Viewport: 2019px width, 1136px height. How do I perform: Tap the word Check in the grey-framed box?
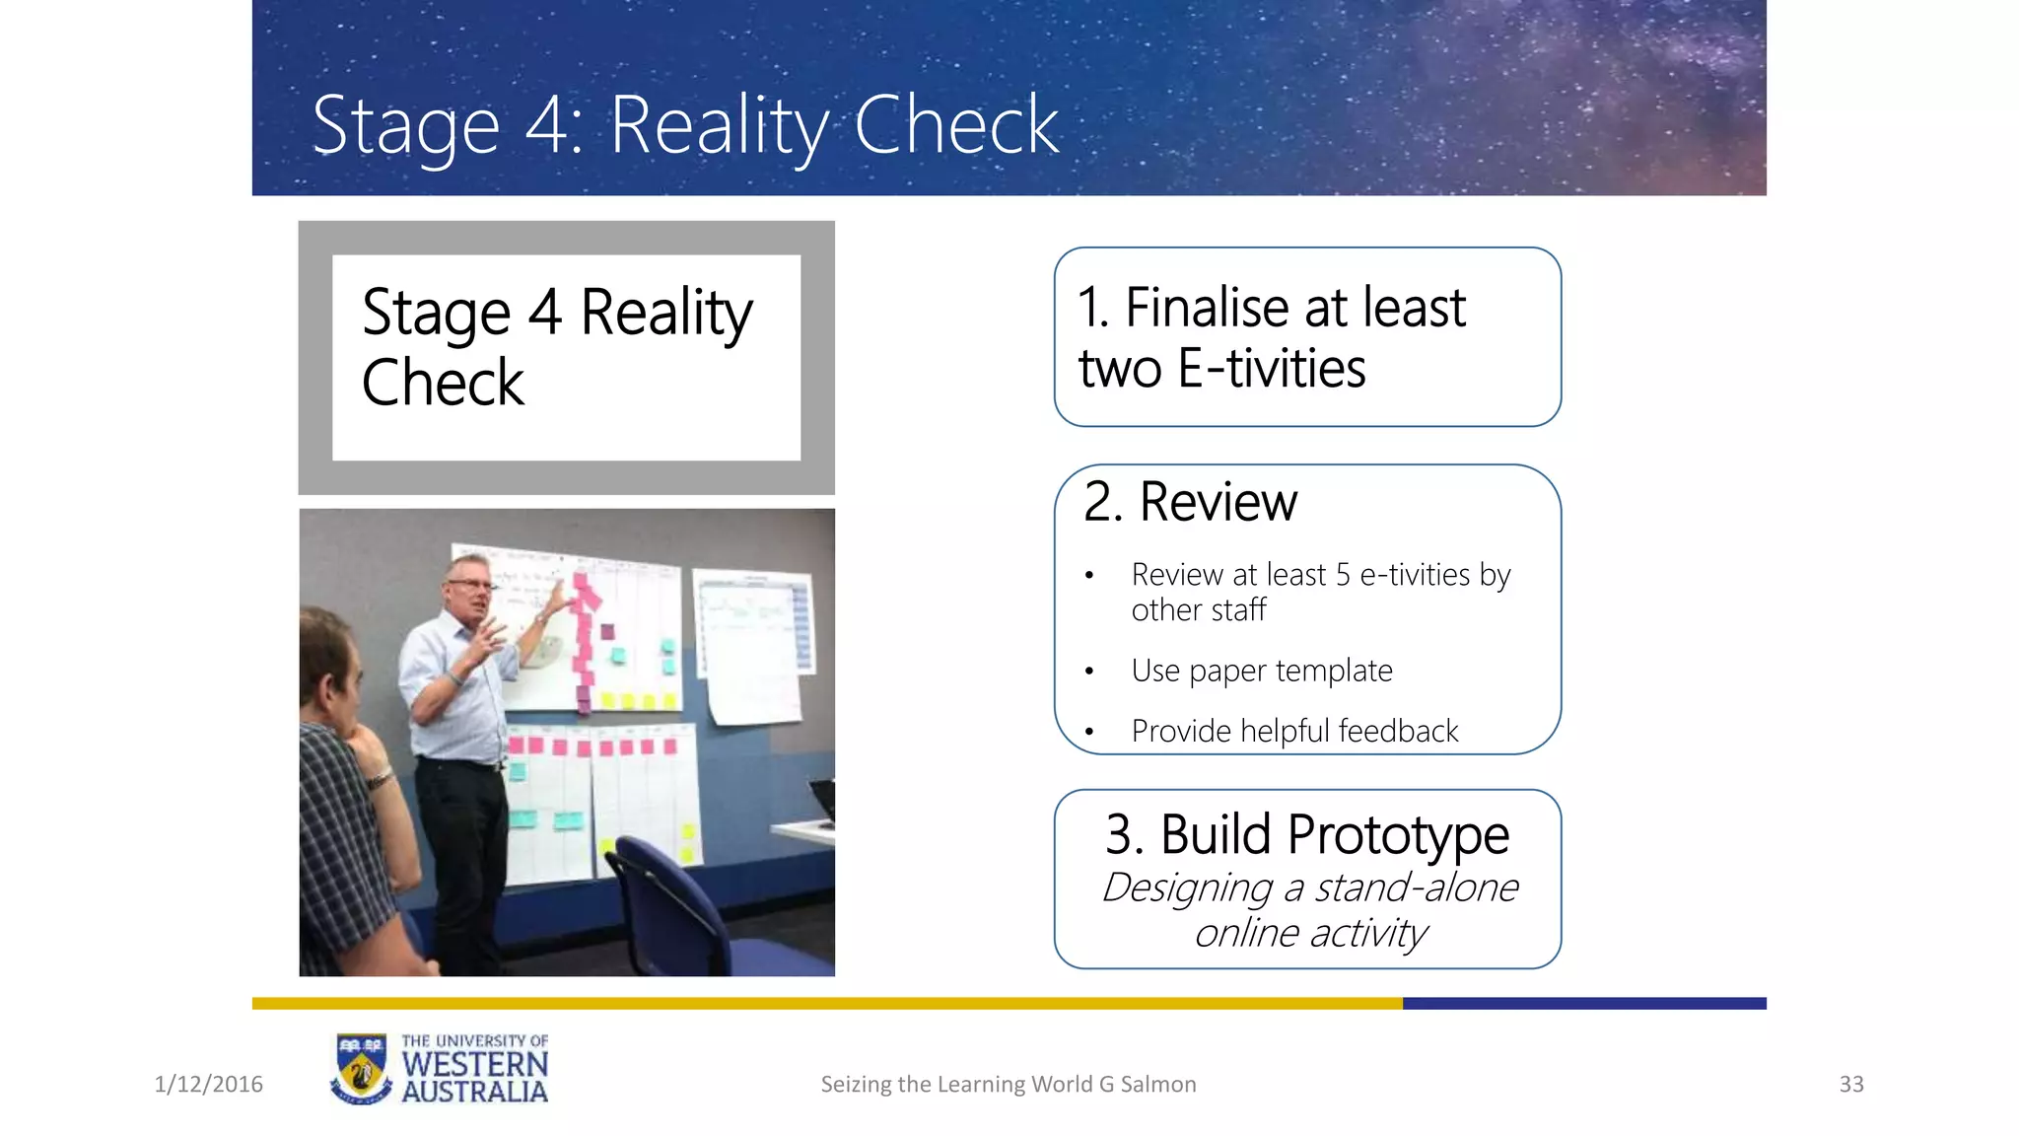point(443,383)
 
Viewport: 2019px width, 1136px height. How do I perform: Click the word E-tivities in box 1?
point(1272,369)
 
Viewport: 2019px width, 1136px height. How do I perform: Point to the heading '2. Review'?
point(1190,502)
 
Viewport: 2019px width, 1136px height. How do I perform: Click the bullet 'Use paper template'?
point(1261,671)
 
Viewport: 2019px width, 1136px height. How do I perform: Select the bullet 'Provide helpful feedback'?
point(1293,731)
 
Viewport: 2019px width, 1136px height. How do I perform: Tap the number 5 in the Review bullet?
point(1343,574)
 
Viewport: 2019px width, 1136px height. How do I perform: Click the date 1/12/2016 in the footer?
point(209,1084)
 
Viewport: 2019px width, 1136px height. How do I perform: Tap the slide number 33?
point(1850,1084)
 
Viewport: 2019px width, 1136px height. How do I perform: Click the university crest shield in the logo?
point(361,1070)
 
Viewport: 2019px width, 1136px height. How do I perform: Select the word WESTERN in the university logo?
point(474,1065)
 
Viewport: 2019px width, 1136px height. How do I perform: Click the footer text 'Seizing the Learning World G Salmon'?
point(1008,1084)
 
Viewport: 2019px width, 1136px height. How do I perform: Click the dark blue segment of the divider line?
point(1583,1003)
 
